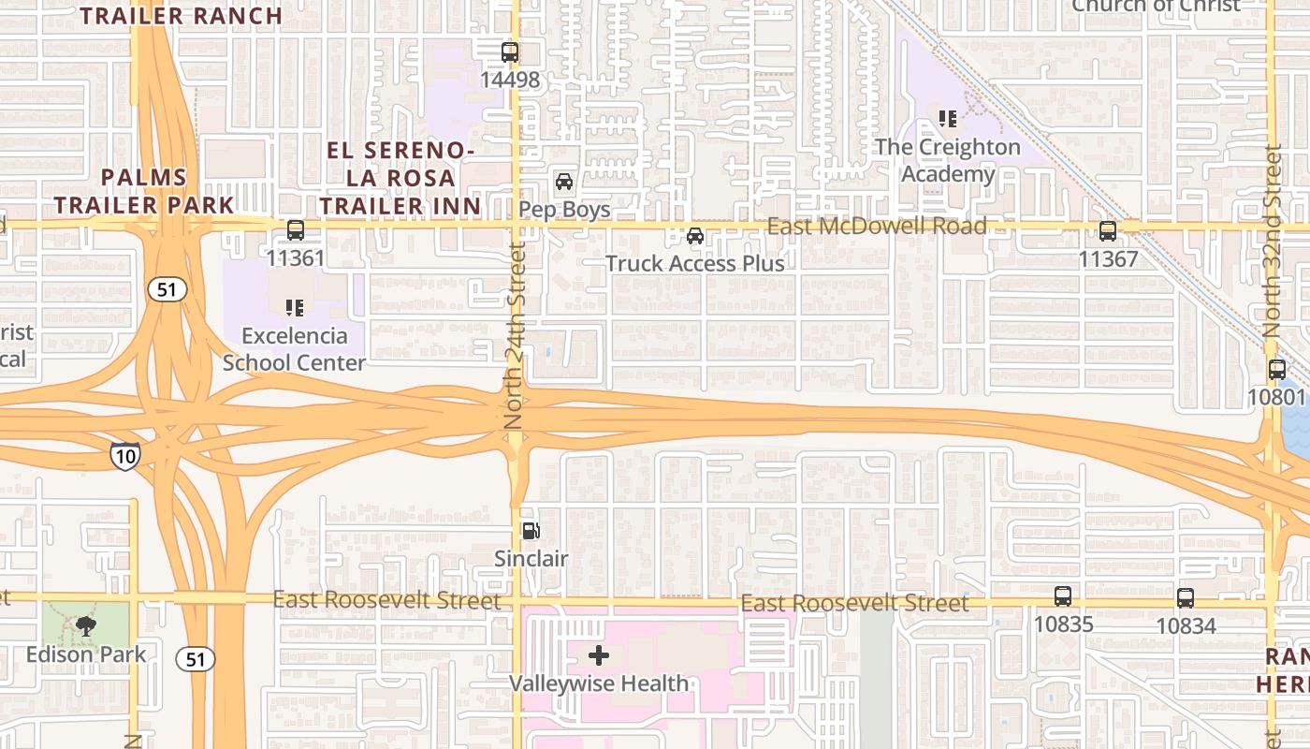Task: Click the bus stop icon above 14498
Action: coord(510,52)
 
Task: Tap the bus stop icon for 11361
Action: coord(296,230)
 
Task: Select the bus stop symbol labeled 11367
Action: coord(1108,230)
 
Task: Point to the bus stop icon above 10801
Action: coord(1277,370)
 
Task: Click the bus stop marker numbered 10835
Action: coord(1063,596)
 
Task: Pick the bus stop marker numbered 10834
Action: coord(1186,597)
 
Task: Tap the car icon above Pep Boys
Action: coord(564,182)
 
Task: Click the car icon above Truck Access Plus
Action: coord(695,236)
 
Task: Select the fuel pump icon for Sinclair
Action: coord(531,532)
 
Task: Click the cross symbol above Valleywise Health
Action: coord(599,655)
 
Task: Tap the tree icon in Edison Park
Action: coord(86,626)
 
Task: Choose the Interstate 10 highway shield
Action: coord(124,456)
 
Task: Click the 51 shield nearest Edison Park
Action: coord(195,659)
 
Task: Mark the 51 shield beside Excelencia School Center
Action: coord(167,290)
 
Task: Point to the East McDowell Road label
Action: coord(877,227)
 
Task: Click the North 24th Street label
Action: coord(514,335)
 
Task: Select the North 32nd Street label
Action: coord(1272,242)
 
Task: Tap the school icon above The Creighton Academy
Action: coord(948,119)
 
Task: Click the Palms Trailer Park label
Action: coord(144,191)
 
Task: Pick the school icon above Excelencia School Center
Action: coord(295,307)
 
